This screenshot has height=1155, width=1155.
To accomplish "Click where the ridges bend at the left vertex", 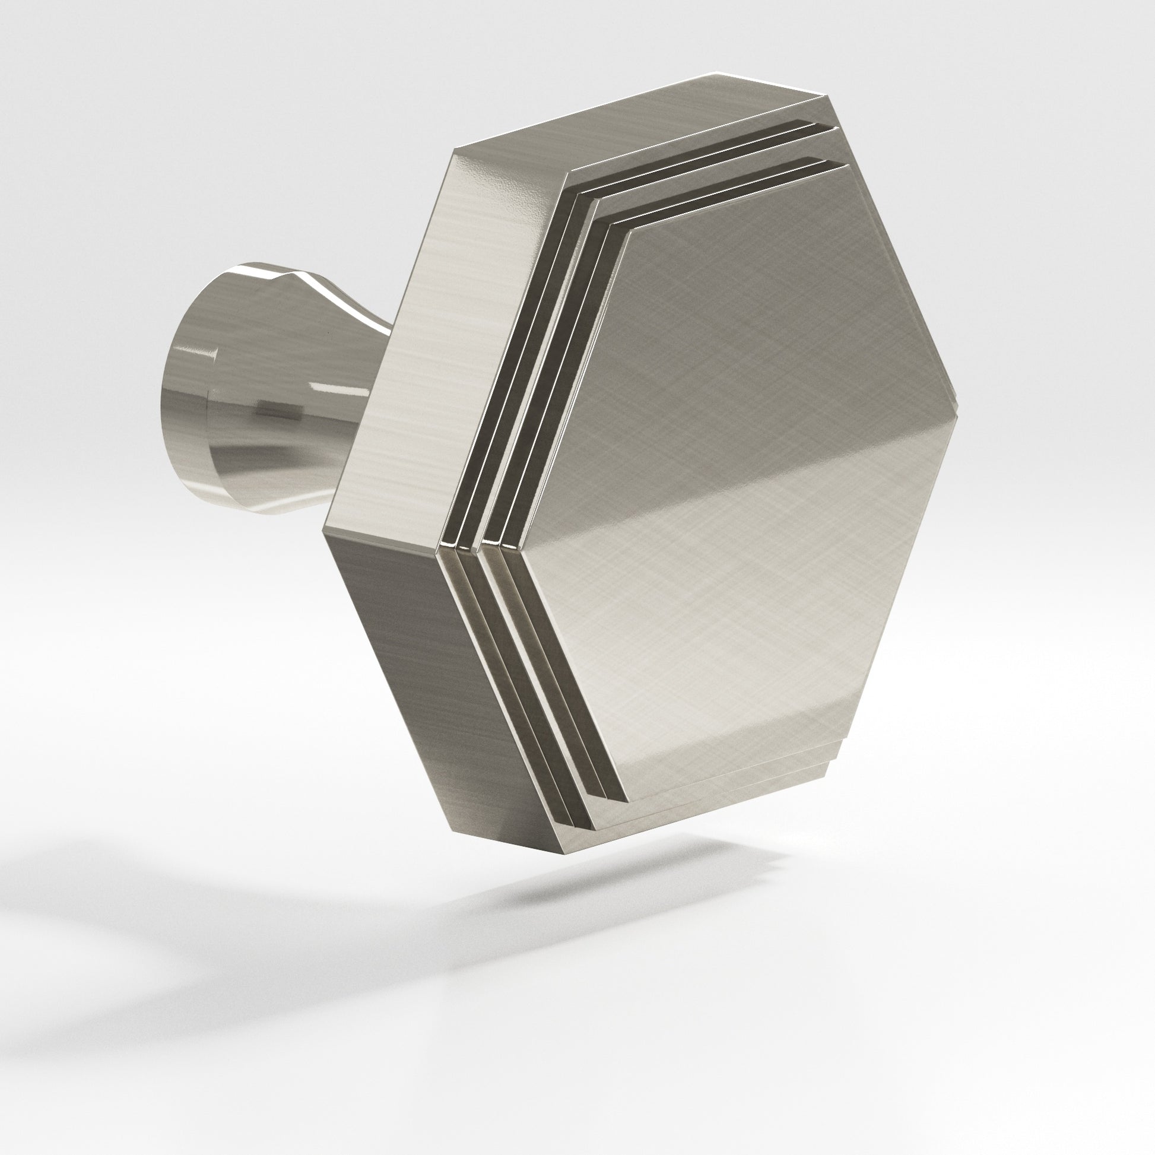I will coord(472,538).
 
